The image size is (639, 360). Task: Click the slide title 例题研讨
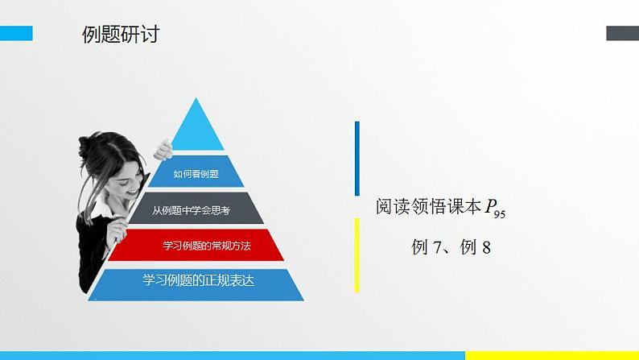(x=120, y=35)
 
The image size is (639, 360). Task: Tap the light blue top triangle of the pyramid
(x=198, y=130)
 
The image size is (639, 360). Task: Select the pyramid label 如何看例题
(x=197, y=172)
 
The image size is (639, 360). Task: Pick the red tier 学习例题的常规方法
(x=197, y=246)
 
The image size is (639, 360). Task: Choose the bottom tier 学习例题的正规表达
(x=197, y=281)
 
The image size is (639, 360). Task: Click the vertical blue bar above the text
(x=357, y=158)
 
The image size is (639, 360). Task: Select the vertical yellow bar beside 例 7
(x=357, y=254)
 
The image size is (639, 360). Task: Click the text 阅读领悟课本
(x=427, y=206)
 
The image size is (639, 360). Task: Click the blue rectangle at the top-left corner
(x=16, y=33)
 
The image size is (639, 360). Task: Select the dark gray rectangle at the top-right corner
(x=622, y=33)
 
